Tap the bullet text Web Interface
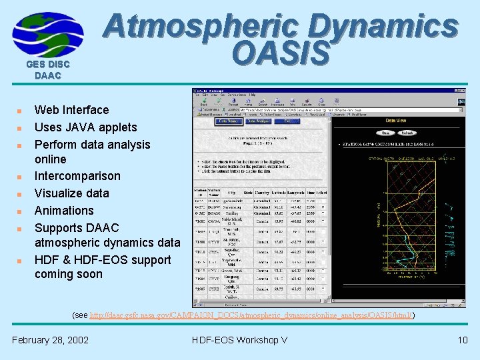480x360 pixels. click(71, 110)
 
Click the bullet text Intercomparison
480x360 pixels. click(77, 176)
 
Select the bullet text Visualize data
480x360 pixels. click(71, 193)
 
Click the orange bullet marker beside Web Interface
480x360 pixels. click(21, 111)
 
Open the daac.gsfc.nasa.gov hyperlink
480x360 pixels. click(251, 314)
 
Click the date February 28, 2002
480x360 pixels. click(50, 340)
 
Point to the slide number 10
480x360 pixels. click(463, 340)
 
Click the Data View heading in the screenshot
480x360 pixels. click(399, 121)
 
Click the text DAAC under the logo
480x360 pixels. click(47, 76)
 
